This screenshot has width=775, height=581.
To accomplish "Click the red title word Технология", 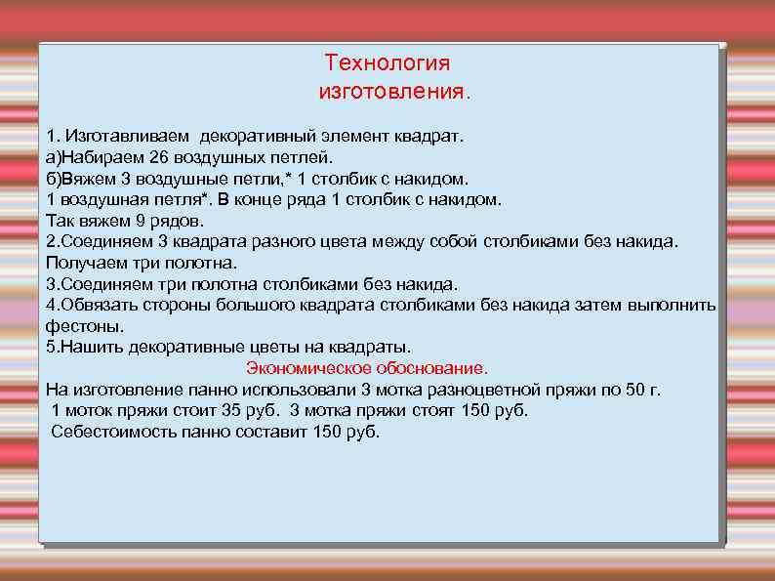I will [387, 63].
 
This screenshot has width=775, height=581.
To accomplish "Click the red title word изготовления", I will [392, 93].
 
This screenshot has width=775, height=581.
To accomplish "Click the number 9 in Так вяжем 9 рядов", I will [141, 220].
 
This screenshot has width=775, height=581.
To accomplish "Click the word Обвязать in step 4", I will [101, 305].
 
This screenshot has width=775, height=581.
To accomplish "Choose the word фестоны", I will [84, 326].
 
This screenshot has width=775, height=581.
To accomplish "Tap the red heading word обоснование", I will [432, 368].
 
